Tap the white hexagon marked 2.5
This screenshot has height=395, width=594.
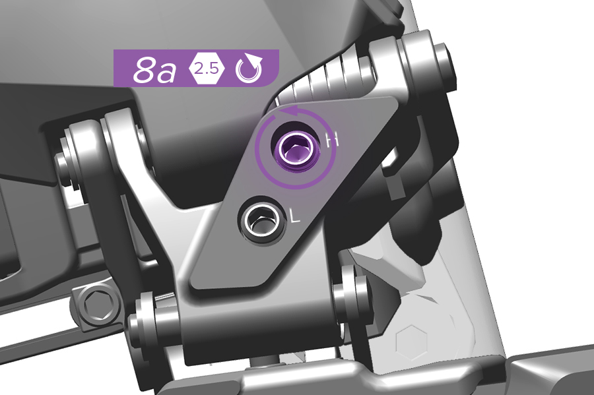point(207,69)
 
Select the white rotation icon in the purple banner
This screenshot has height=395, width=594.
point(249,69)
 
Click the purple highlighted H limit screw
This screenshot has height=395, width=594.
point(296,150)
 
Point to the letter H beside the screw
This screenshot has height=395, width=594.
point(332,140)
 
